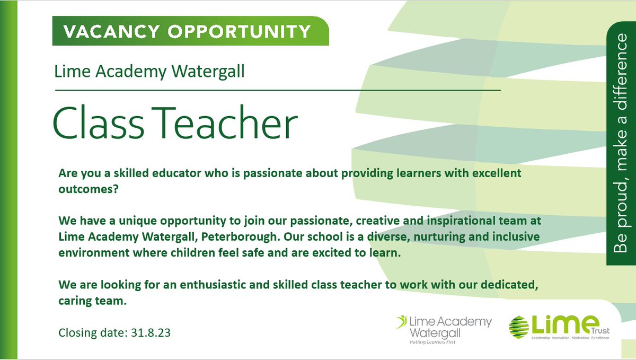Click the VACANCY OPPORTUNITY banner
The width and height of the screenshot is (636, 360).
click(188, 31)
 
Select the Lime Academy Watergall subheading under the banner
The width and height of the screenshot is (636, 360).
click(149, 71)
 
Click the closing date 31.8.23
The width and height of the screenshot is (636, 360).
click(151, 335)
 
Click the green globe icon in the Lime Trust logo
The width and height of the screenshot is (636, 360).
click(519, 328)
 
